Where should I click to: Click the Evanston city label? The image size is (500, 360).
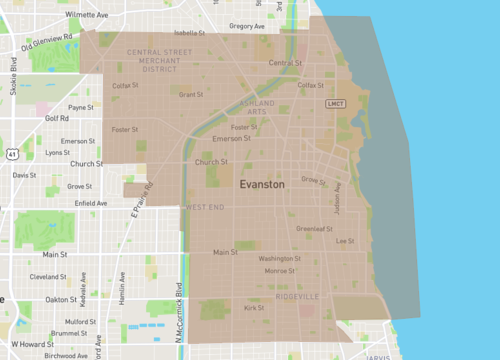262,185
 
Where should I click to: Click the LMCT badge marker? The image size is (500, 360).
336,103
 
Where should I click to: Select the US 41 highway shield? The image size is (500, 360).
11,154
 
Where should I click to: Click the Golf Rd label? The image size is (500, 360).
57,118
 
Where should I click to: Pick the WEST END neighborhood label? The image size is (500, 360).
203,207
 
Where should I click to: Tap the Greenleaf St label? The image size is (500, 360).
315,228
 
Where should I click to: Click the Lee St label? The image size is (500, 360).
345,241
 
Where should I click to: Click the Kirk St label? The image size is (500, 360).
254,308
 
